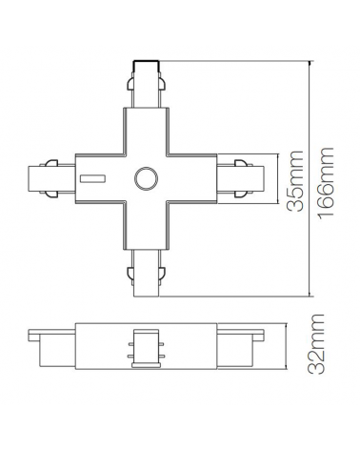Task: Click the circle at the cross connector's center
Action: tap(147, 178)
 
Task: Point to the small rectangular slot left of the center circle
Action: tap(93, 178)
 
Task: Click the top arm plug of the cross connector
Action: tap(147, 86)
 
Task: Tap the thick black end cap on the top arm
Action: tap(147, 66)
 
